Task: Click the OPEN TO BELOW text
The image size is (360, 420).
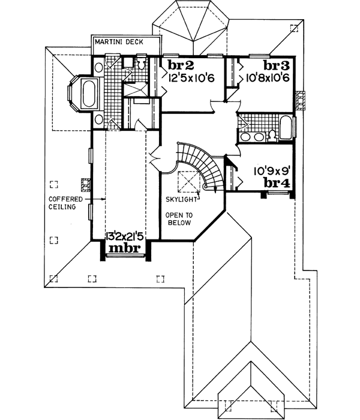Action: pyautogui.click(x=178, y=218)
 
